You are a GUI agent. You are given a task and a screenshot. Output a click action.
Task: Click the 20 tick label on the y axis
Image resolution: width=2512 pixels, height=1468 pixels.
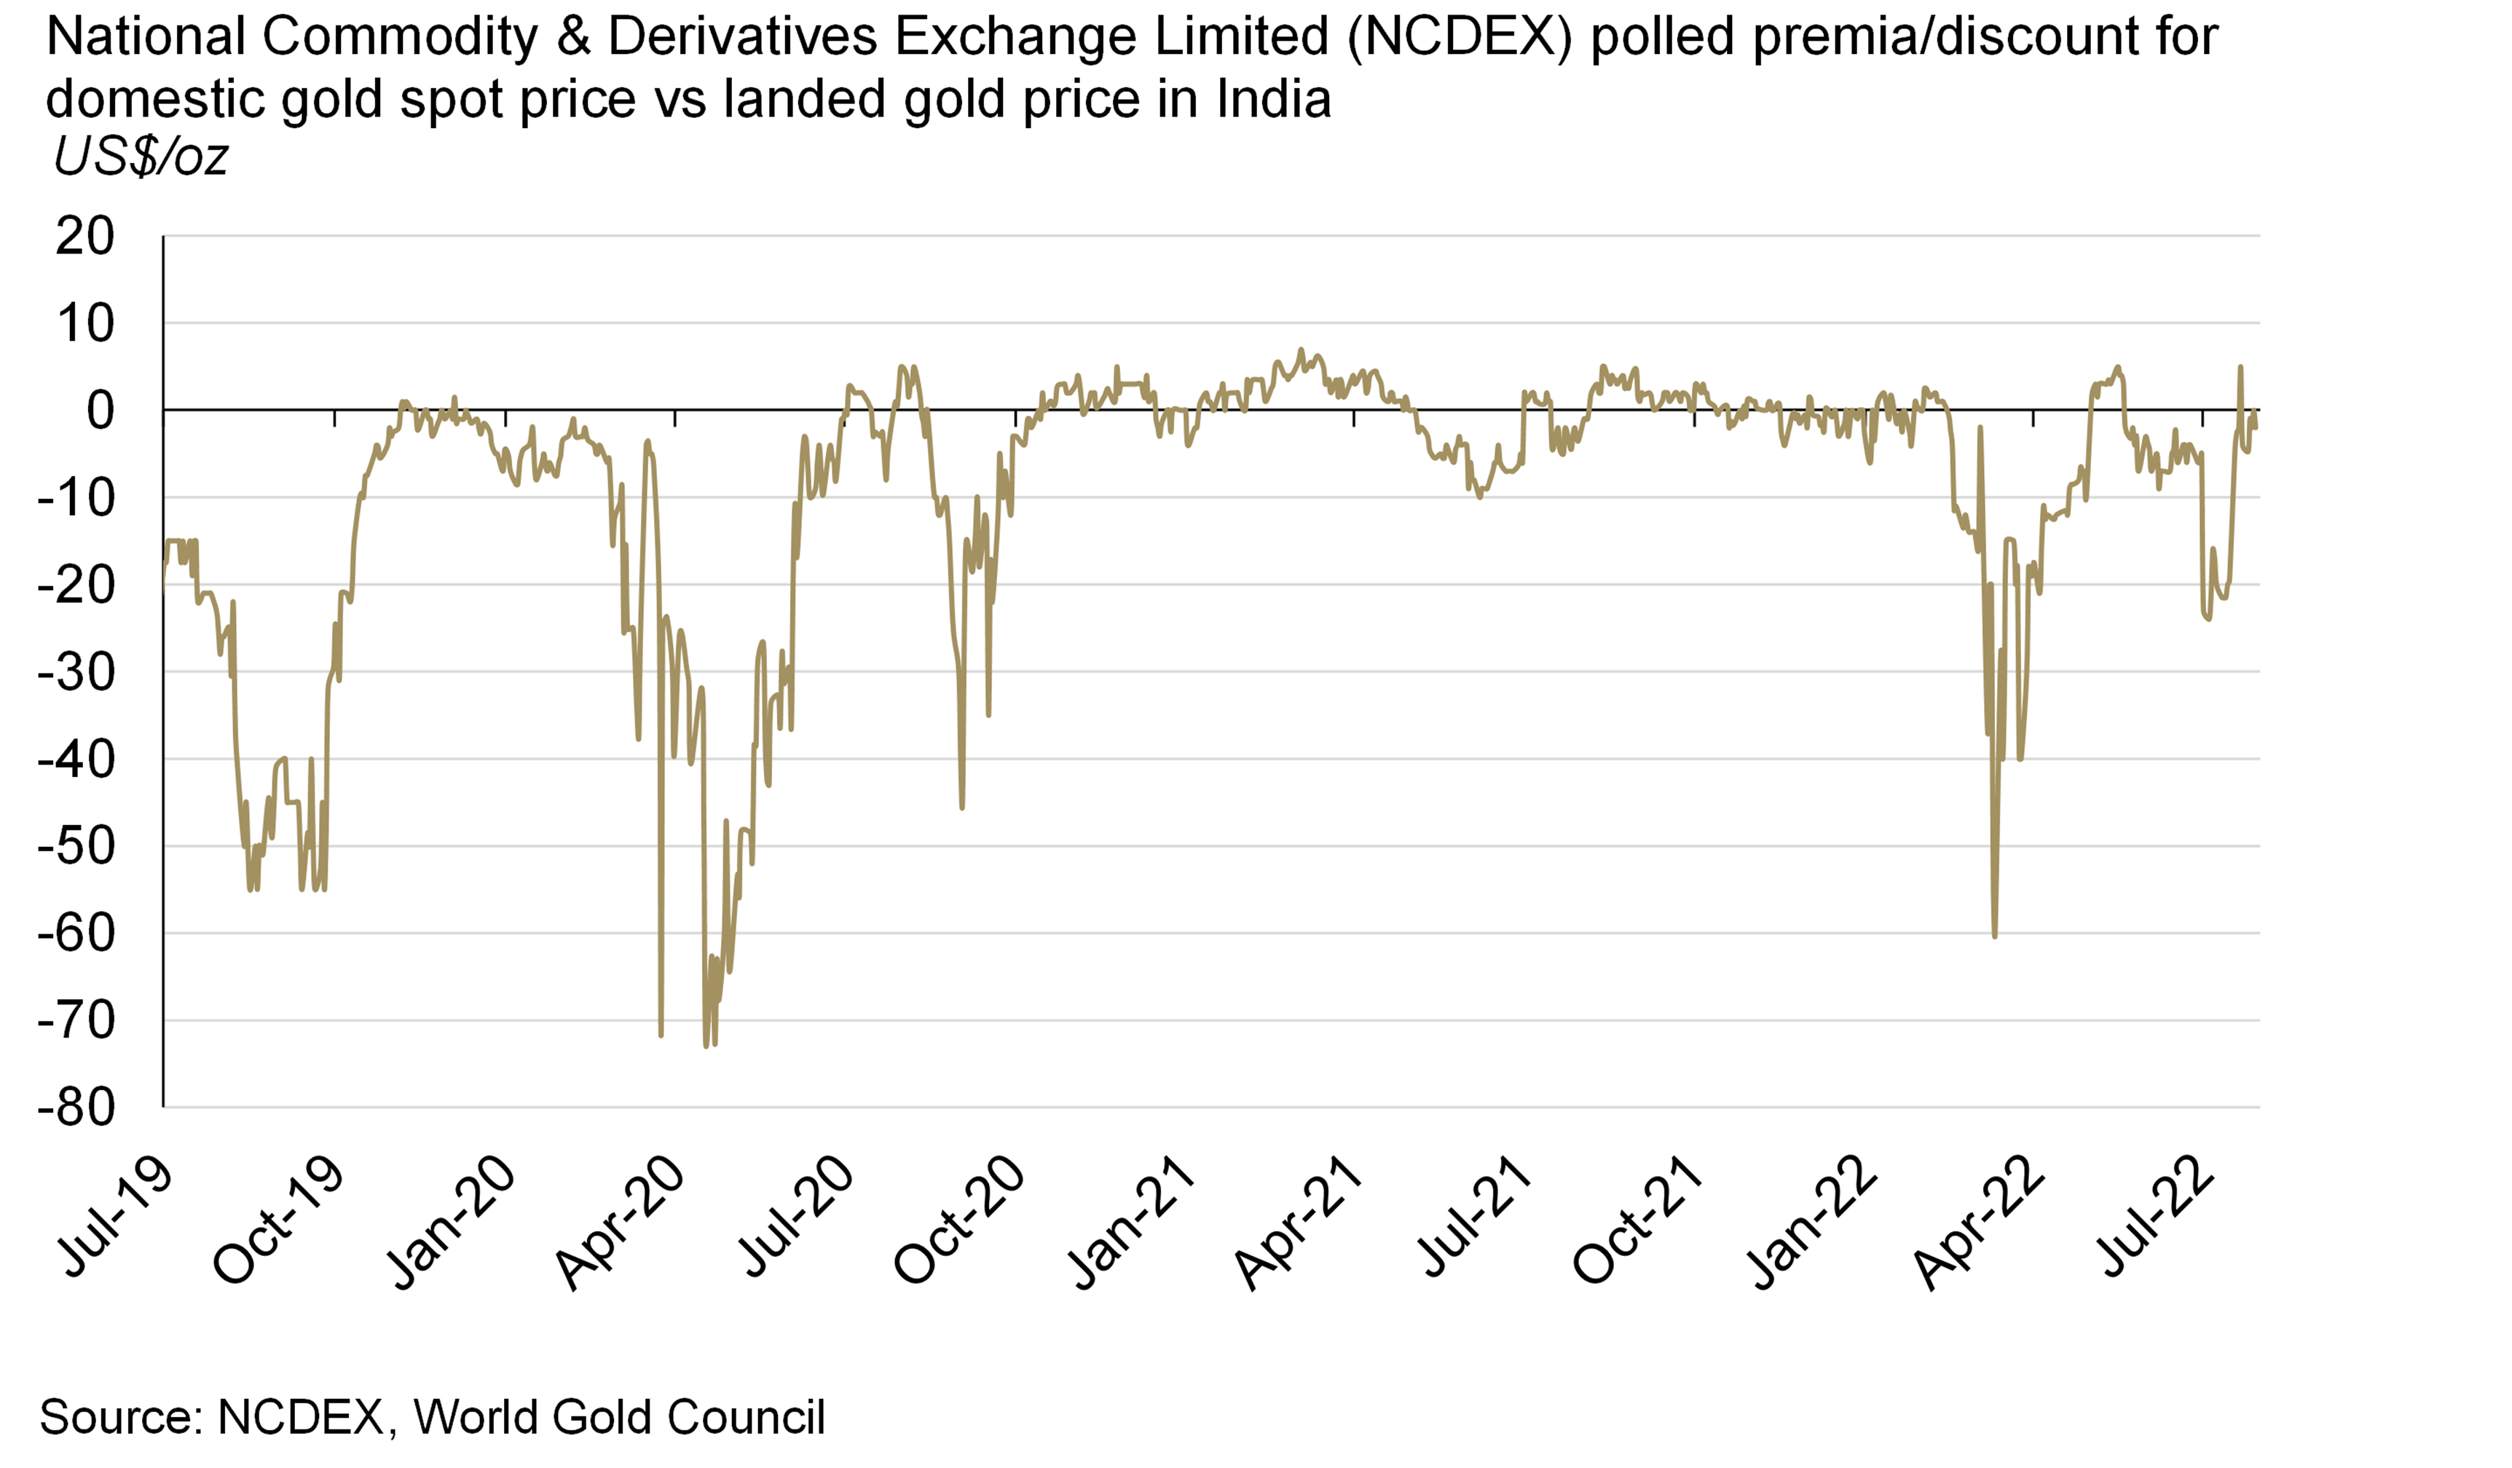(x=86, y=237)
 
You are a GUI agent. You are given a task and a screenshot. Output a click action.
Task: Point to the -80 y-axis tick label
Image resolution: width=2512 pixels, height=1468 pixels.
(x=76, y=1108)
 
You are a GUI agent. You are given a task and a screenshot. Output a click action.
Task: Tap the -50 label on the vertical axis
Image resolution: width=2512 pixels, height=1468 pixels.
(x=76, y=846)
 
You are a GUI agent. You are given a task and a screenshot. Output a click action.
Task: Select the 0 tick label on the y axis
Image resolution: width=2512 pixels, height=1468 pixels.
(x=100, y=411)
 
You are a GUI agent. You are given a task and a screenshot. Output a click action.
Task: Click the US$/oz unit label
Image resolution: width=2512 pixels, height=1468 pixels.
(x=141, y=157)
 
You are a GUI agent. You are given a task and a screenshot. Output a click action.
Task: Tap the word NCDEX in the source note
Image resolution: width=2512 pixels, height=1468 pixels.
(x=300, y=1416)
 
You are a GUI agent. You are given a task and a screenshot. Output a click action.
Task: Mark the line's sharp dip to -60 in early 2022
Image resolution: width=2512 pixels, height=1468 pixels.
(x=1995, y=936)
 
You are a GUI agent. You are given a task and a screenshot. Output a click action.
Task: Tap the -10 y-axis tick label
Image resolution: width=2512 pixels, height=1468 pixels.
(x=76, y=497)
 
